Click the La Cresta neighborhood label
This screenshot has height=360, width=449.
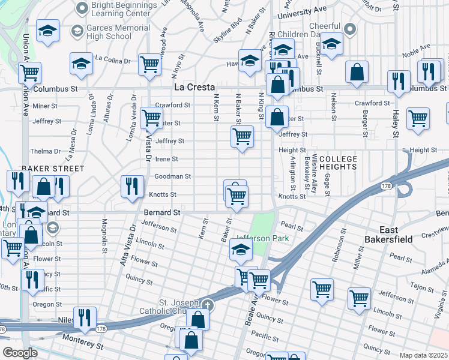click(x=194, y=87)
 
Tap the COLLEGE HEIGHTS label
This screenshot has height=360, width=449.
click(x=338, y=163)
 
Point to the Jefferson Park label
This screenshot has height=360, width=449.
click(x=262, y=238)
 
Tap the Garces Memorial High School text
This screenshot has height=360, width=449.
click(x=110, y=32)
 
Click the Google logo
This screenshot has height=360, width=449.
click(x=20, y=353)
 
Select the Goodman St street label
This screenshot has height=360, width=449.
click(x=172, y=176)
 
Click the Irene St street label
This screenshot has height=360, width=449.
click(x=166, y=159)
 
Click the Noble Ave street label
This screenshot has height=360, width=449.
click(x=416, y=49)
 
